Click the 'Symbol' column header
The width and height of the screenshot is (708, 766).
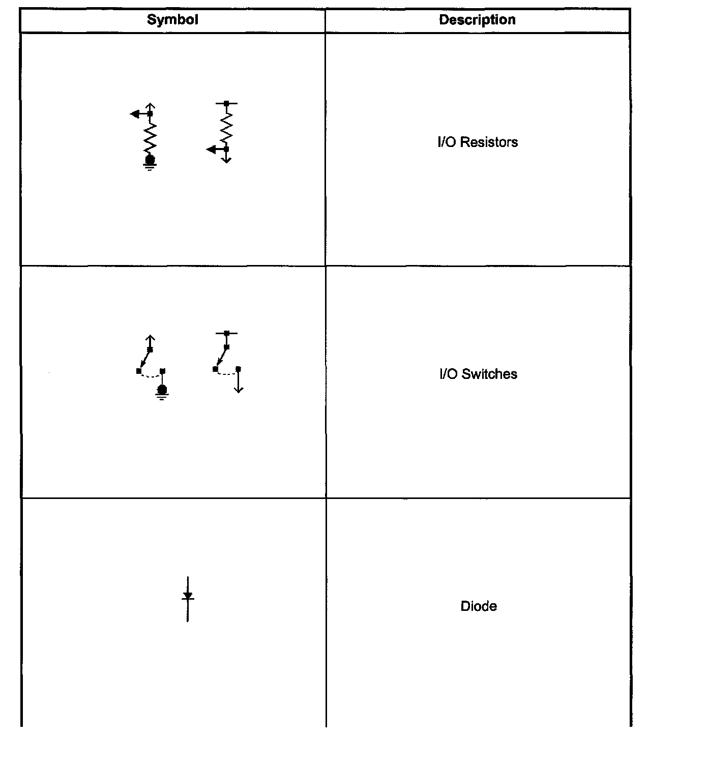172,20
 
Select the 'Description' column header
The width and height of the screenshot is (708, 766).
477,20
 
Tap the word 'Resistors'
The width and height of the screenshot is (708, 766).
489,142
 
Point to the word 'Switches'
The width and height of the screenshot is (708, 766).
490,374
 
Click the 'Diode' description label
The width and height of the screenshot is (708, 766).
479,606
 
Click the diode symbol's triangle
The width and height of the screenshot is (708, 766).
188,595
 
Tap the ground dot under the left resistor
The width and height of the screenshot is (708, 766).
150,160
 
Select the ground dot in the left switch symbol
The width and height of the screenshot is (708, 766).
162,390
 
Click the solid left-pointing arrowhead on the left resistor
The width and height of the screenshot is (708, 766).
135,114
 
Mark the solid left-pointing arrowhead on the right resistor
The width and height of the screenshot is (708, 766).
211,150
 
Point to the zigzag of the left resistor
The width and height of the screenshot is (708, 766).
150,137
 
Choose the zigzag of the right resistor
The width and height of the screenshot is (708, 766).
226,127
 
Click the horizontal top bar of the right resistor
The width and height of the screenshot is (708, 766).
226,103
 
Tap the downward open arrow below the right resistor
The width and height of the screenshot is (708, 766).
226,160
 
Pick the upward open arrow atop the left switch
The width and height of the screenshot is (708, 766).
150,338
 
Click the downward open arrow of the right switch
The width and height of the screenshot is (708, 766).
239,389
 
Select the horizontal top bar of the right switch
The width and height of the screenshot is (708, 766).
226,333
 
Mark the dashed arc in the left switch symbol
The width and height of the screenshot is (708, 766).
151,376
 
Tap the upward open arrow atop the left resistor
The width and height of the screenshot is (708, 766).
150,106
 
